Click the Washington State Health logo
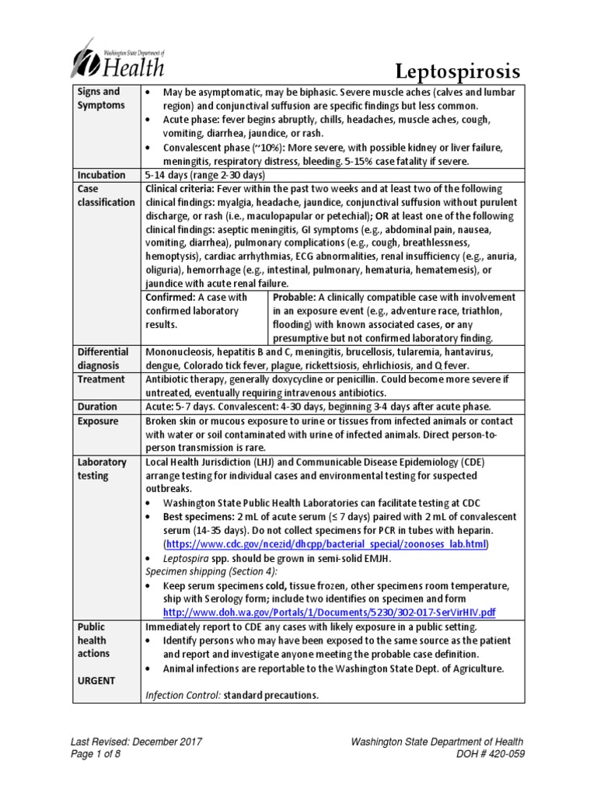[119, 59]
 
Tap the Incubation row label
[100, 174]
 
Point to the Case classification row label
[106, 195]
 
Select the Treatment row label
[101, 379]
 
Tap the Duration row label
[98, 407]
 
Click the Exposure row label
[99, 421]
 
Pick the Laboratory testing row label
[102, 468]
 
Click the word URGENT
[97, 680]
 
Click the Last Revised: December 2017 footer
[136, 742]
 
